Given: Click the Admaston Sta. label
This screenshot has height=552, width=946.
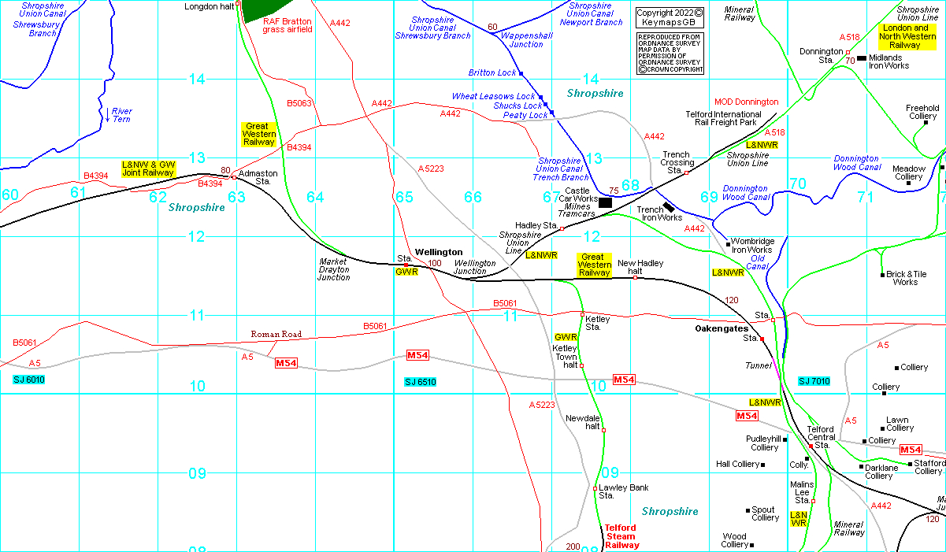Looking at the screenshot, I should [x=258, y=177].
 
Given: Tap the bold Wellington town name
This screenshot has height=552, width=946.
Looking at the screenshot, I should [x=439, y=252].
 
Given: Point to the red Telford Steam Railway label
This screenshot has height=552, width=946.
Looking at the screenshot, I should [x=621, y=536].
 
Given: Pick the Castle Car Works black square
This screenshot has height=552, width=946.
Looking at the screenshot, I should [x=605, y=202].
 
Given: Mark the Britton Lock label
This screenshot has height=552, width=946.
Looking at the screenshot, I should [x=492, y=72].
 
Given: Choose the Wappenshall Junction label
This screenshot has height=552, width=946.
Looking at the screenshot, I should [x=521, y=40].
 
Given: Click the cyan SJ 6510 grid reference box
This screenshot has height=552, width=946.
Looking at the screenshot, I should [x=420, y=382].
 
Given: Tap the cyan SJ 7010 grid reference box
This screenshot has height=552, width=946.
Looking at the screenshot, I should [x=814, y=381].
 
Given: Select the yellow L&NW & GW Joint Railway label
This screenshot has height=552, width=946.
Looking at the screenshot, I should [x=147, y=168].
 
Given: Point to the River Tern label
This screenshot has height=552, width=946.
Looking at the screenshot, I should [x=121, y=115].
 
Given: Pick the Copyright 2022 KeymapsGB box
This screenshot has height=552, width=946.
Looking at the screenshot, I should [x=669, y=17].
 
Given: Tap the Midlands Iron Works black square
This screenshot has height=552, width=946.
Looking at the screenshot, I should [x=862, y=58].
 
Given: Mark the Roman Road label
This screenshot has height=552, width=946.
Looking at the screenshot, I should [x=276, y=335].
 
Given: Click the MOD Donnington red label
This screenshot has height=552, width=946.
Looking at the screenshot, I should [x=746, y=102].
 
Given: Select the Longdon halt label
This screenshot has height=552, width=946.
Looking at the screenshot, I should [x=208, y=6].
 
